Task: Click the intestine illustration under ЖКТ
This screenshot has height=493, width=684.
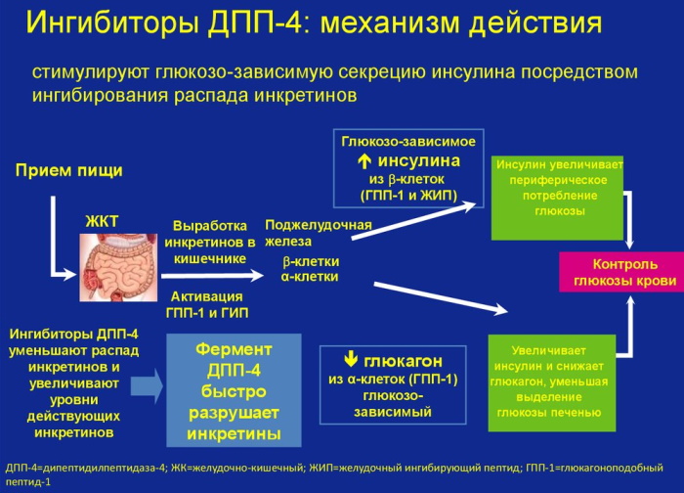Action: click(118, 267)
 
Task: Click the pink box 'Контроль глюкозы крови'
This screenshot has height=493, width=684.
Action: click(621, 272)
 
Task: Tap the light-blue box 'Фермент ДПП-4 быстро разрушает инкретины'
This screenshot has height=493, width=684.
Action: click(234, 390)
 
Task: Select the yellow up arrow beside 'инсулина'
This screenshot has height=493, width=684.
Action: click(364, 162)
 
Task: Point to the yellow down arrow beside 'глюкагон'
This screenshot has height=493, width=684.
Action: click(351, 360)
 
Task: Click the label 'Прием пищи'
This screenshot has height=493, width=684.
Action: click(69, 170)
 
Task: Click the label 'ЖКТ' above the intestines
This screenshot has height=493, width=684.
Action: click(102, 221)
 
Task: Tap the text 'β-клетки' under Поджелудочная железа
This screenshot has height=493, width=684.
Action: click(311, 261)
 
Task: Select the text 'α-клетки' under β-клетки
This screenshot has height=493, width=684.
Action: click(310, 277)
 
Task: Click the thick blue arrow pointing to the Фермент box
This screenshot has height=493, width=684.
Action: click(147, 385)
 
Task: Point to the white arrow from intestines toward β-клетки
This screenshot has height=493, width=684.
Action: click(212, 276)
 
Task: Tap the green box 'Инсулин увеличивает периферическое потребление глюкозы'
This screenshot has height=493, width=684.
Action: click(557, 198)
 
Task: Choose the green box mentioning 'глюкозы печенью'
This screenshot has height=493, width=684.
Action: click(552, 383)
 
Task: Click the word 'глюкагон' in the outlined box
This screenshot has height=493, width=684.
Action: click(403, 361)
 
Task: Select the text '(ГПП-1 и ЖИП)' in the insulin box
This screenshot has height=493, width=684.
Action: click(408, 196)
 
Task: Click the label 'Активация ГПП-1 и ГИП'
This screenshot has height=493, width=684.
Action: click(207, 305)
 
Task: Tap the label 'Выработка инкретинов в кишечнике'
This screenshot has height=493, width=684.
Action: click(210, 243)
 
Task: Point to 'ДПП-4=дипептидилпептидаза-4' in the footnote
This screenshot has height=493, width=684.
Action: click(86, 469)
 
